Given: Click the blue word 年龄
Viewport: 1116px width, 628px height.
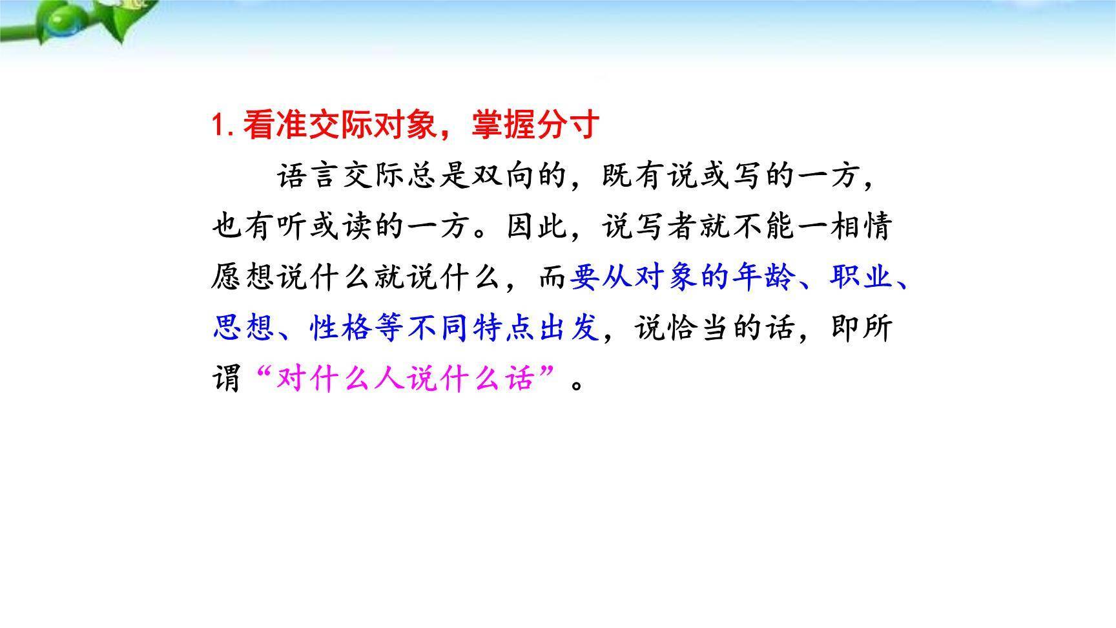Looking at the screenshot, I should click(764, 277).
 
